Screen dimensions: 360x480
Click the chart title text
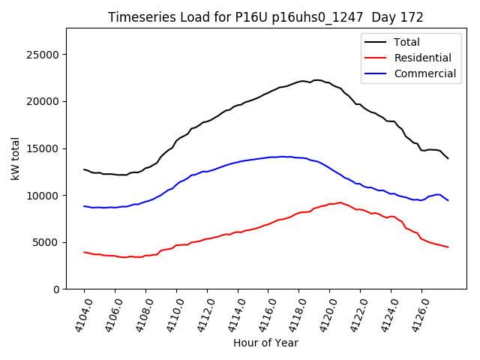pos(265,17)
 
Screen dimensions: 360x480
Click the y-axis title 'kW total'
pos(15,159)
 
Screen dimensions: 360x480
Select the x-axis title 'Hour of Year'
pos(265,343)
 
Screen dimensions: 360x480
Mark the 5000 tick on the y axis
pos(46,242)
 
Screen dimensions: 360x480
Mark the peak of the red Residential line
pos(340,202)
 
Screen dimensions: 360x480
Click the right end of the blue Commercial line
pos(448,200)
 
